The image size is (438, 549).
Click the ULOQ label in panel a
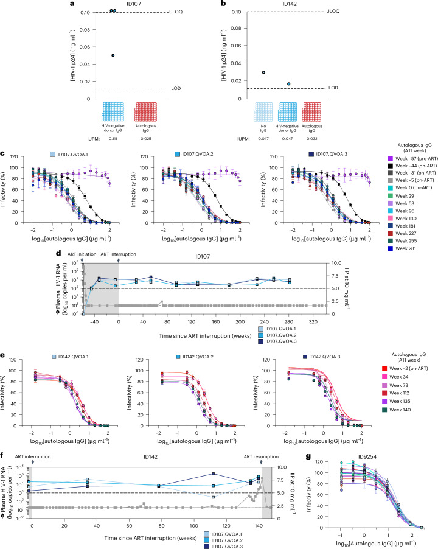176,12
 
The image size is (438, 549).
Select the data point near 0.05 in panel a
113,55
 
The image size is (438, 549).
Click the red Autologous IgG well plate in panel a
146,112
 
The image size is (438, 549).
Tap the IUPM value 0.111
113,139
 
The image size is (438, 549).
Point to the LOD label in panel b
333,88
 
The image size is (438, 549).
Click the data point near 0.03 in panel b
263,72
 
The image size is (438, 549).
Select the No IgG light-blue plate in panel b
263,112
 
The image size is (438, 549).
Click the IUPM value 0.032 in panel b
312,139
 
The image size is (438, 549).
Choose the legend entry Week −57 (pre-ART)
413,159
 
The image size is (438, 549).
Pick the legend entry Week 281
402,248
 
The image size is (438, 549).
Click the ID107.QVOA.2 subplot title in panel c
195,154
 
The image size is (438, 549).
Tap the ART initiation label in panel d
82,254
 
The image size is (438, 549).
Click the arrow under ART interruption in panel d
119,260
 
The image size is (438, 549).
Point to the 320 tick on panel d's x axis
313,322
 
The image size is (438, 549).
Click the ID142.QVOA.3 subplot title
321,357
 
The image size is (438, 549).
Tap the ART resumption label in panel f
262,457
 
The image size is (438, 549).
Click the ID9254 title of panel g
367,457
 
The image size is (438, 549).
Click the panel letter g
308,456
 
